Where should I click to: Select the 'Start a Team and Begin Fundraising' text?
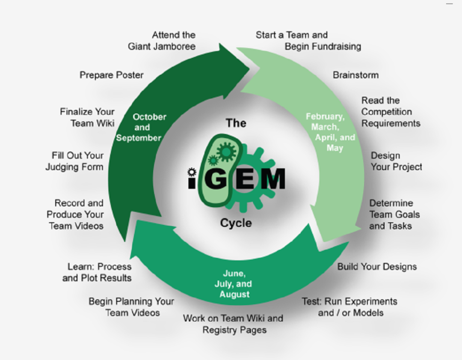[x=308, y=41]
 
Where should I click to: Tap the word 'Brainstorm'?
[x=355, y=75]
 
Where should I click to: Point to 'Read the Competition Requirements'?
[x=391, y=112]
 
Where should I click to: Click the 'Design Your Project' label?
[x=396, y=161]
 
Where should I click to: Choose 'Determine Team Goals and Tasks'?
[x=394, y=214]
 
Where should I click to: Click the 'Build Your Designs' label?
[x=377, y=267]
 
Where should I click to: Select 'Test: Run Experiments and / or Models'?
[x=350, y=307]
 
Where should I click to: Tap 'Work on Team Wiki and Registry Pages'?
[x=234, y=324]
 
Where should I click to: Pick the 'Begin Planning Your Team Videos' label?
[x=131, y=307]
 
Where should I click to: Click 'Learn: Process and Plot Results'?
[x=97, y=272]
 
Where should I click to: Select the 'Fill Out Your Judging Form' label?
[x=75, y=161]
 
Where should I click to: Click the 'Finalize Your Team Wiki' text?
[x=88, y=117]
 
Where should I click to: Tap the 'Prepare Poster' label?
[x=112, y=75]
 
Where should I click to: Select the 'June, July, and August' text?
[x=234, y=284]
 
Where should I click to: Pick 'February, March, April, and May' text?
[x=330, y=132]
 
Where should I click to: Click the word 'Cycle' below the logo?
[x=236, y=223]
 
